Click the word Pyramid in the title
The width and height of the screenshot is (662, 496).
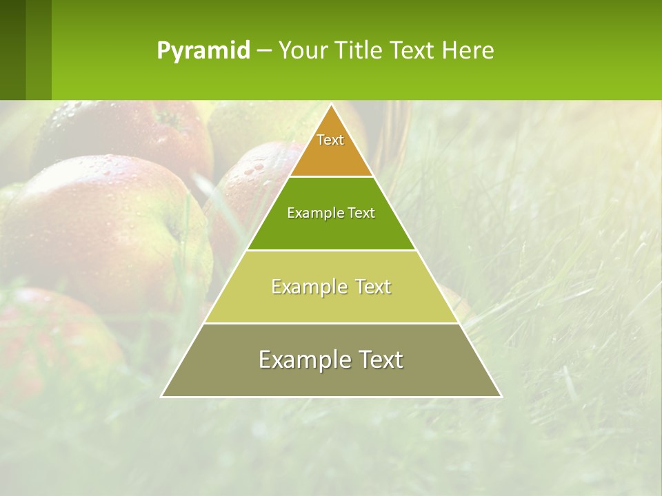pos(203,51)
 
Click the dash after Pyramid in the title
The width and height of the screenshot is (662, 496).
pos(263,51)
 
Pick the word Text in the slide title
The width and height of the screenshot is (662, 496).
pos(414,51)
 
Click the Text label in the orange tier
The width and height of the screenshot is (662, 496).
pos(330,140)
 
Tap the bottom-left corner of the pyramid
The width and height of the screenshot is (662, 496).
pos(162,396)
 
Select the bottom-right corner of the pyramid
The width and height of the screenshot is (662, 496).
pos(501,396)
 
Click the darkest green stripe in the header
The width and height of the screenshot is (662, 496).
pos(12,50)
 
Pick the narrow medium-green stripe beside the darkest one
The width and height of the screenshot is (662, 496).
pos(39,50)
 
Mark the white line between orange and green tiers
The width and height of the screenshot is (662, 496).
pos(331,177)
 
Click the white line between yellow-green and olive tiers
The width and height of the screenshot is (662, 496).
pos(331,323)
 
